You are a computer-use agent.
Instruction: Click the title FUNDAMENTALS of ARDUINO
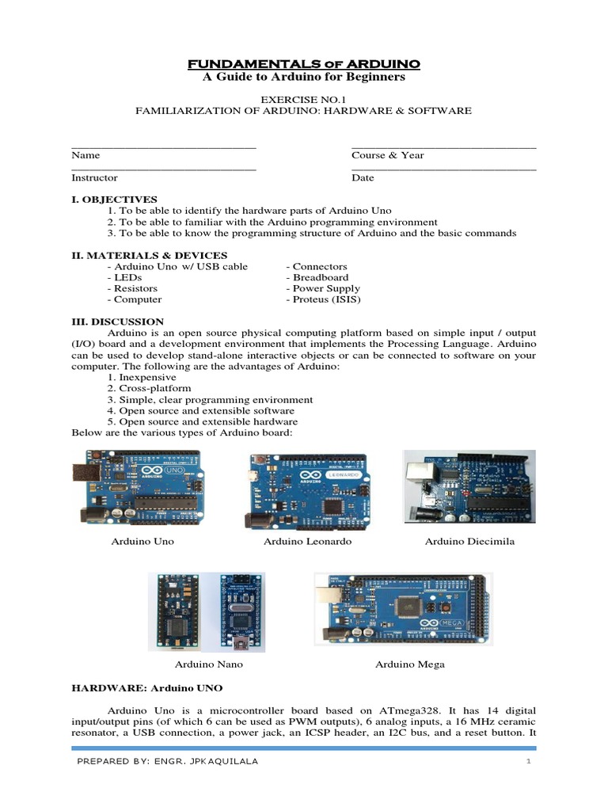tap(303, 63)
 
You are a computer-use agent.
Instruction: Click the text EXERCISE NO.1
tap(303, 98)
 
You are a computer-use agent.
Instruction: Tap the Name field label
tap(85, 155)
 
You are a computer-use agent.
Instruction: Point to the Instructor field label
tap(94, 178)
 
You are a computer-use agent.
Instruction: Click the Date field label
tap(363, 178)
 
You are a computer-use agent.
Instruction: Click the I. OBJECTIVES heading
tap(114, 200)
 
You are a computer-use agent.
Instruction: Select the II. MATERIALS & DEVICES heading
tap(149, 256)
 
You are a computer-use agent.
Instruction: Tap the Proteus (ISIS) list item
tap(322, 300)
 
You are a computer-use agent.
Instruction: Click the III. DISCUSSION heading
tap(117, 322)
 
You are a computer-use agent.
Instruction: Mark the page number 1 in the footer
tap(526, 762)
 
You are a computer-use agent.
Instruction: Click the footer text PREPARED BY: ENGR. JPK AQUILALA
tap(167, 762)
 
